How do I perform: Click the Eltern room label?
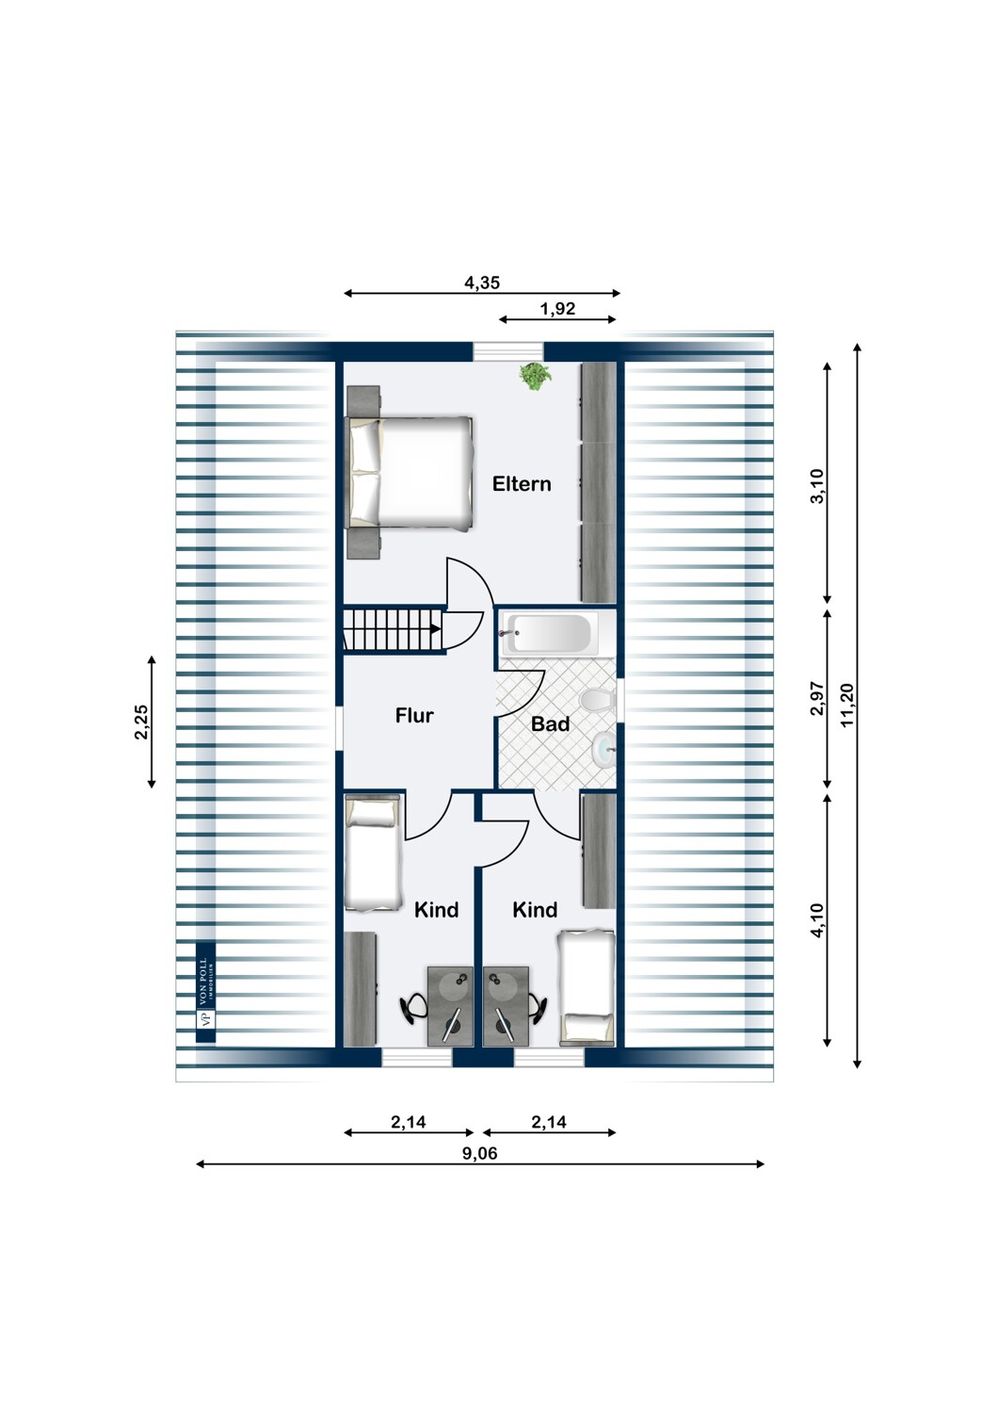(x=522, y=484)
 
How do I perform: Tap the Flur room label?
(x=414, y=716)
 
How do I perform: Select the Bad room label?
(x=550, y=724)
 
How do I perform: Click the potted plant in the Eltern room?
(x=535, y=376)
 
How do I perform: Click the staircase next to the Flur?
(x=393, y=629)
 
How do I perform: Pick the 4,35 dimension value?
(x=482, y=282)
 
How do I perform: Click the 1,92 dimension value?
(x=557, y=308)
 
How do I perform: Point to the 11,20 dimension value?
(x=847, y=705)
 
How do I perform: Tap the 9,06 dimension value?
(x=480, y=1153)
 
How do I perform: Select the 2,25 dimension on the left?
(x=141, y=722)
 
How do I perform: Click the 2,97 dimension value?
(x=817, y=699)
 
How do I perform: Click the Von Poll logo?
(x=205, y=993)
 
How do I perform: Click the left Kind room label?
(x=437, y=910)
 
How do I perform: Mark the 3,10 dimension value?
(x=817, y=486)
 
